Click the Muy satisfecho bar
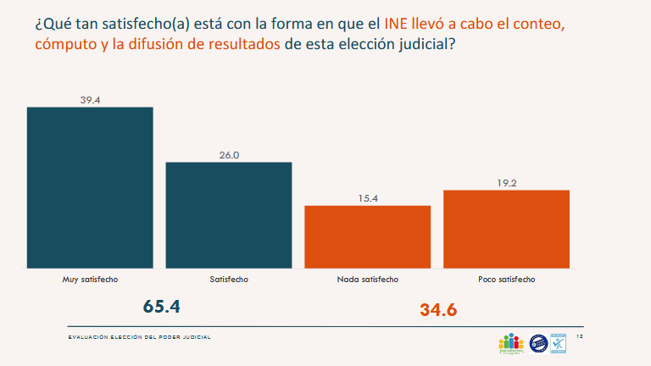click(90, 187)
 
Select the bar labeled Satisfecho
click(229, 214)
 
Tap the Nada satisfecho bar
click(368, 236)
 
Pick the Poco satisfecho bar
click(506, 229)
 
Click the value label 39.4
click(90, 100)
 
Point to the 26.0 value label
click(229, 155)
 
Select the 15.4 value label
click(368, 199)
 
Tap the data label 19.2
click(506, 183)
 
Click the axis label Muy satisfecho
click(90, 279)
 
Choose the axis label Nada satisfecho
click(368, 279)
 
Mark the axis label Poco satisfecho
click(506, 279)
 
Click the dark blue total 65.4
click(162, 307)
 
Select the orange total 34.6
click(438, 310)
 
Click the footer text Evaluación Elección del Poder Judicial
click(139, 337)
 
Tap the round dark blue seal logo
click(537, 342)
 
